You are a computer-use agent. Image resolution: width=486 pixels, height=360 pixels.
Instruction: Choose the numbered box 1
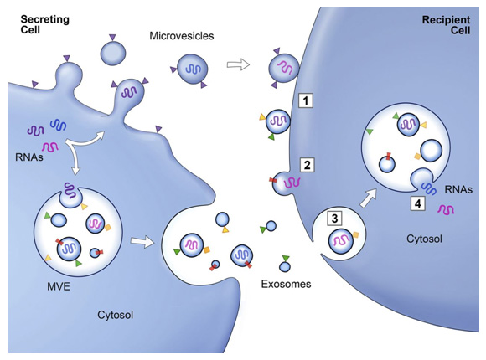(x=307, y=101)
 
